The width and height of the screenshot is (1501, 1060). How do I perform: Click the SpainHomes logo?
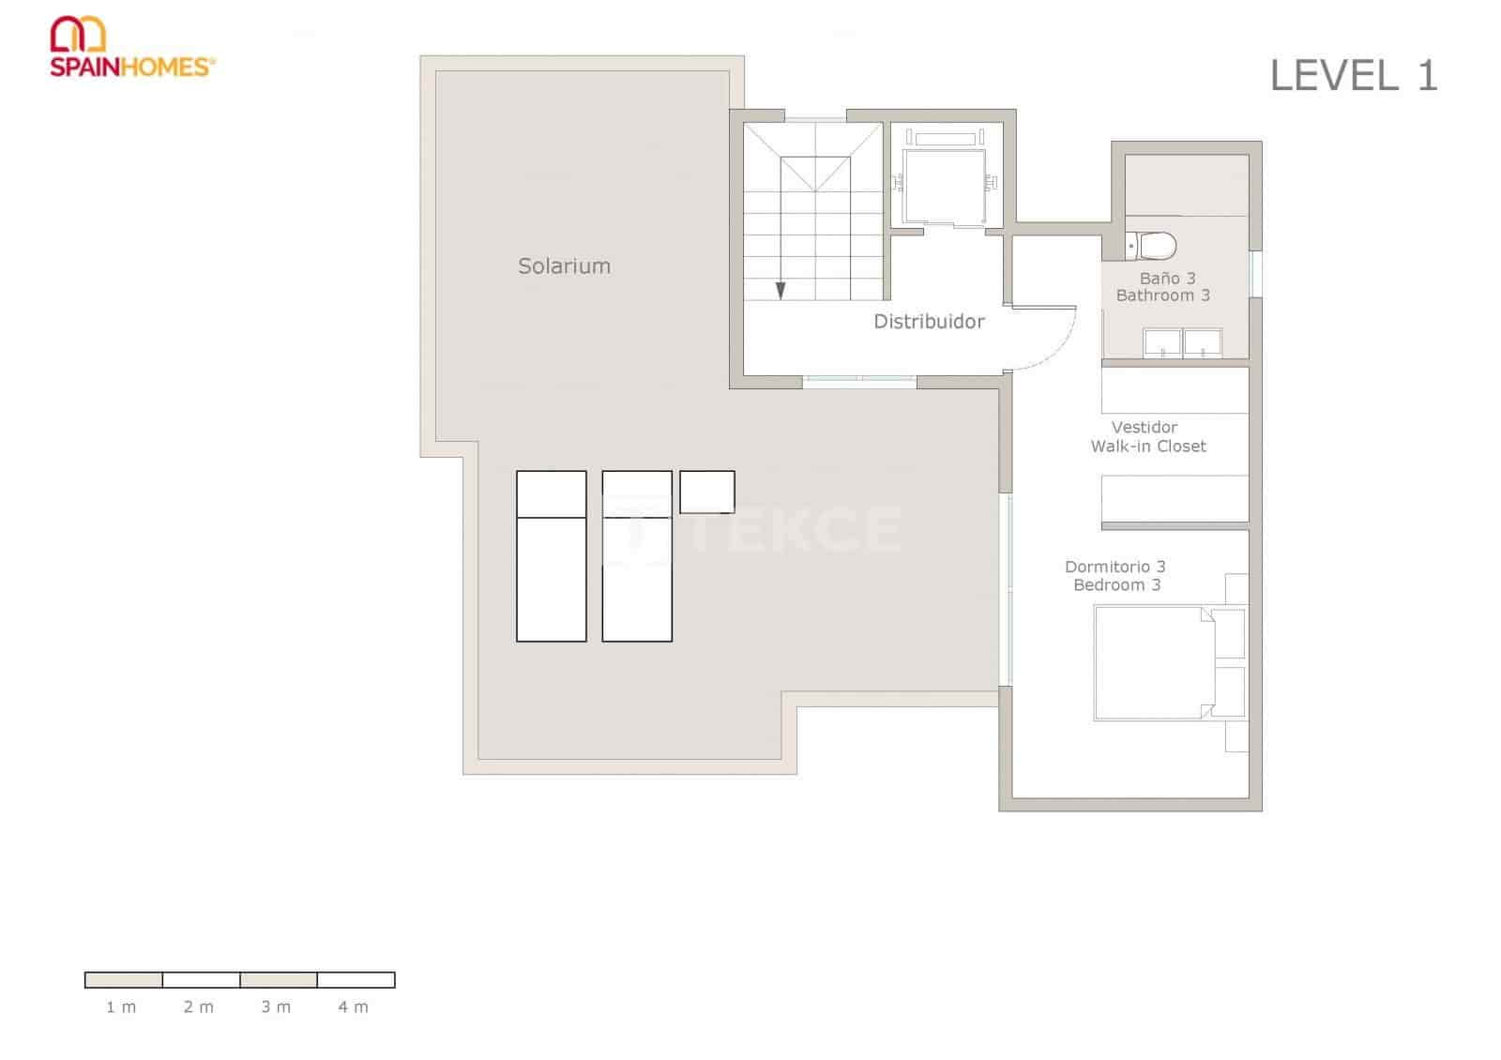point(131,47)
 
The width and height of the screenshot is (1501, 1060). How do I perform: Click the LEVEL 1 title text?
point(1353,76)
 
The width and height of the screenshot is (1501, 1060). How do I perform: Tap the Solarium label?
point(564,266)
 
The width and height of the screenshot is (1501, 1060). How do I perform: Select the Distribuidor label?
point(929,322)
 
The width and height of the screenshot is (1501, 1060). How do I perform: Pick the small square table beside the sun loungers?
point(706,492)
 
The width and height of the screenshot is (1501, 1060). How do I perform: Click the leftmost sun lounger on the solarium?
point(551,556)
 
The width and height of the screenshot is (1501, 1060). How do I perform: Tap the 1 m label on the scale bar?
point(121,1007)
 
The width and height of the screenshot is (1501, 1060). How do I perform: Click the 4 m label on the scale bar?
point(353,1007)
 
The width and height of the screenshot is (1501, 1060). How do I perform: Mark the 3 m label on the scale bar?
point(276,1007)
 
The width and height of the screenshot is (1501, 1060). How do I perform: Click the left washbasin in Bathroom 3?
point(1161,342)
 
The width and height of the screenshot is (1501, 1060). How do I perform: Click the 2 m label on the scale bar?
point(198,1007)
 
